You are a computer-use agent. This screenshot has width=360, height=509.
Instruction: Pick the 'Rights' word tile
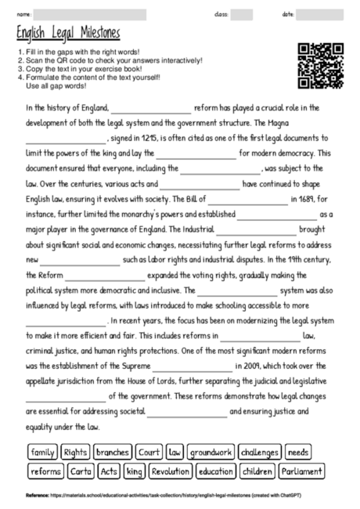pos(76,453)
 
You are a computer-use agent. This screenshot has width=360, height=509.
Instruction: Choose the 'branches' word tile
pos(112,453)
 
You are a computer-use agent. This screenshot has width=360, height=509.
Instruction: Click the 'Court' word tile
pos(149,453)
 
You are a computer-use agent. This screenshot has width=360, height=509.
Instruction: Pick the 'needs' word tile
pos(297,453)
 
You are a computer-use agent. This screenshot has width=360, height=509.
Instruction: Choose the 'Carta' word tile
pos(81,471)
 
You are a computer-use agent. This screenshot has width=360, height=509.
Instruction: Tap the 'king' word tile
pos(135,471)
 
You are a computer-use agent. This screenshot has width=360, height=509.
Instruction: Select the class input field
pos(242,14)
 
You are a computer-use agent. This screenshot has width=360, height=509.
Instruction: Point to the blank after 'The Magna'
pos(66,138)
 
